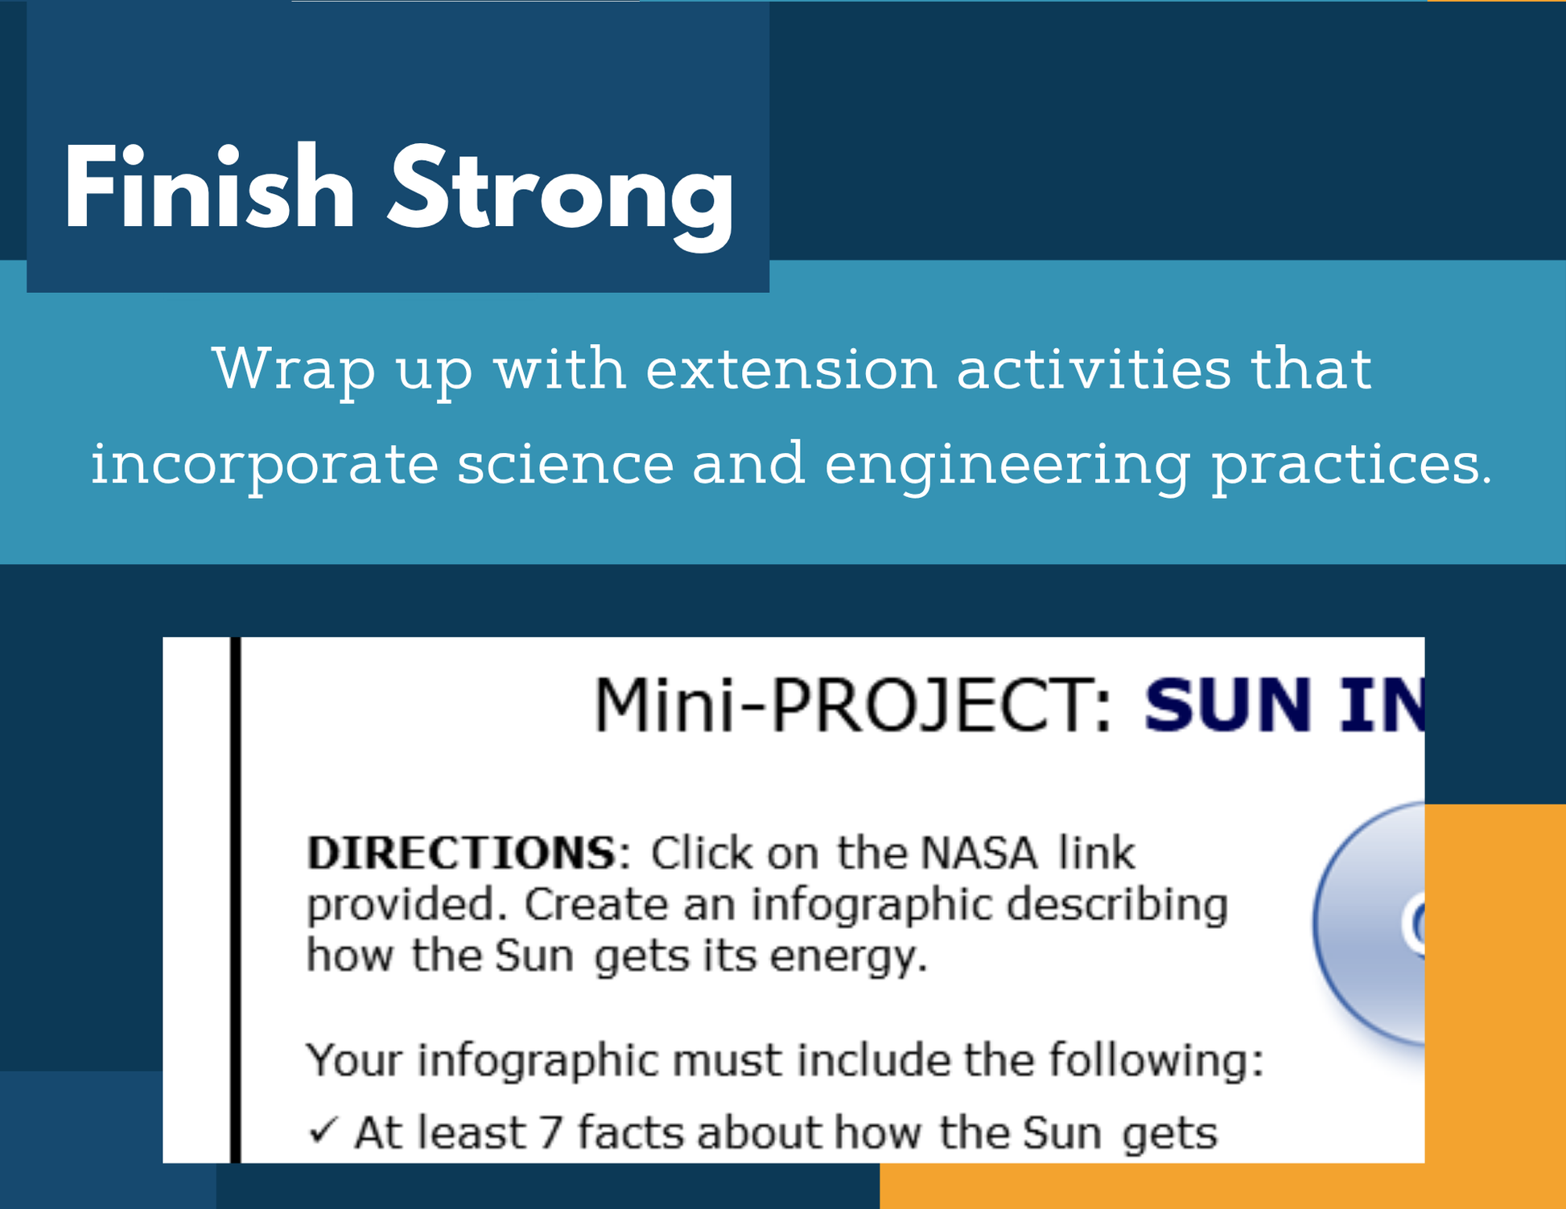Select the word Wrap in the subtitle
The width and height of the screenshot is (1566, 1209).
(x=294, y=371)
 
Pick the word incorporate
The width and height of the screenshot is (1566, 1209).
(x=264, y=466)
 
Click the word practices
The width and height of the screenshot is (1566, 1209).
(x=1352, y=466)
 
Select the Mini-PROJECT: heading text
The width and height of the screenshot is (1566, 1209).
(x=852, y=705)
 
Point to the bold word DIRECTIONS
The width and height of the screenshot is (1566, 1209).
(x=461, y=853)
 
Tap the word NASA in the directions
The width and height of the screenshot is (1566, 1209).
(x=979, y=853)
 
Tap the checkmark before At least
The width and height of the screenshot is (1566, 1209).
(x=323, y=1132)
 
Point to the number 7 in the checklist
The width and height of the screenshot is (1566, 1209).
(x=550, y=1133)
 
